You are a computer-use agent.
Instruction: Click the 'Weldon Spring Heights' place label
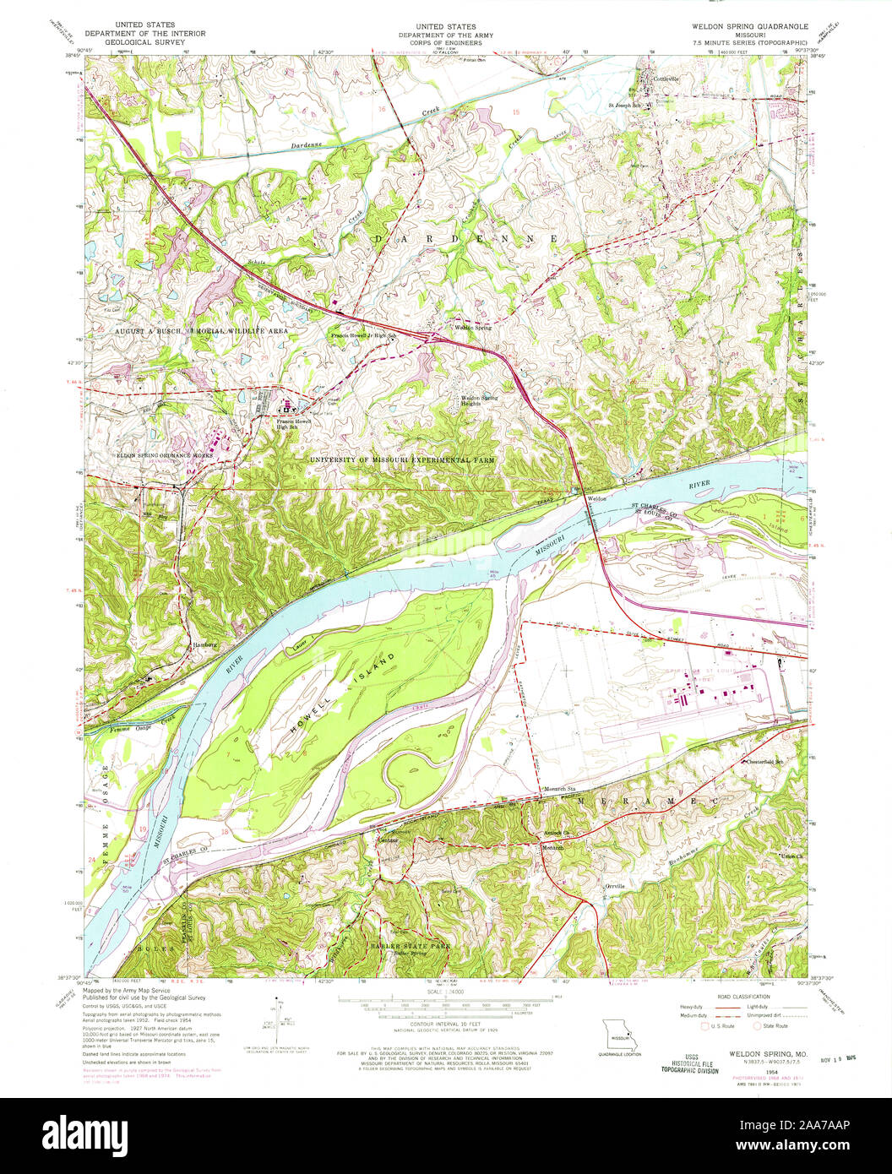click(x=478, y=400)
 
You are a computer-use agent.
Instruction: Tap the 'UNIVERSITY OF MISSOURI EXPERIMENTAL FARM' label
click(x=403, y=459)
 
